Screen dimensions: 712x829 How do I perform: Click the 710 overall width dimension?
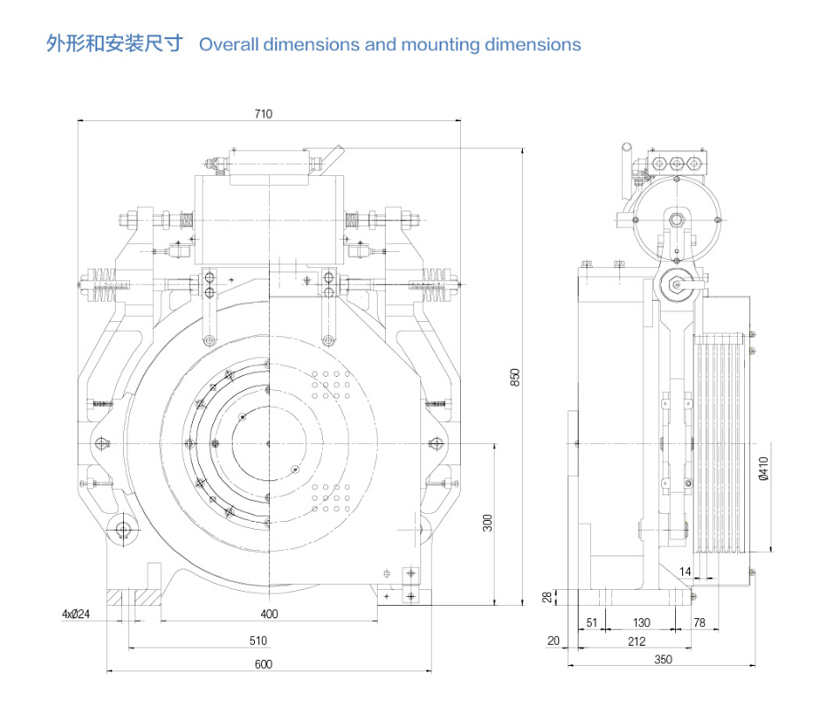coord(263,113)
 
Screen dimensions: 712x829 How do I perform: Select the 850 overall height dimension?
coord(514,376)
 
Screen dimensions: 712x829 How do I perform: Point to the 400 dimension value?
coord(270,614)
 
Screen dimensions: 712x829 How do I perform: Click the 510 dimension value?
coord(257,640)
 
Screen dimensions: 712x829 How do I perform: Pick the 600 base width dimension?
coord(263,664)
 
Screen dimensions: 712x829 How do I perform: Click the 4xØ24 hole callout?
coord(76,614)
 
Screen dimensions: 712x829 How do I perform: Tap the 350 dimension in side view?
coord(663,659)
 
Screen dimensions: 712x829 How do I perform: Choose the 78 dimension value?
coord(699,624)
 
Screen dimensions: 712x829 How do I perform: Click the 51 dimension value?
coord(592,624)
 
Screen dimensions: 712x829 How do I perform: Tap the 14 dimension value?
coord(686,572)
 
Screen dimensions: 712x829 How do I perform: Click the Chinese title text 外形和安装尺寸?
coord(114,43)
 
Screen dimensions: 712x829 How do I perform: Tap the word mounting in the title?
coord(441,44)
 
